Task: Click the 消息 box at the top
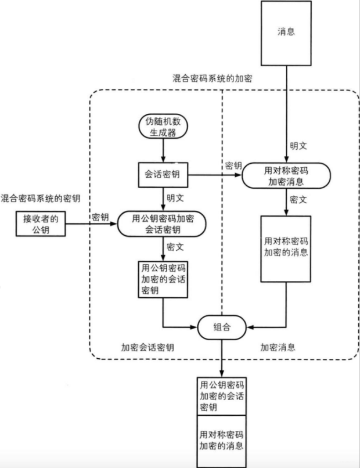(x=286, y=33)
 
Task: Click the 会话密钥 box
(x=163, y=174)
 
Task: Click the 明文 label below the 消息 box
(x=299, y=146)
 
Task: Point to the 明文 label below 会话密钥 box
(x=175, y=198)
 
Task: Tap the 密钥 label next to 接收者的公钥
(x=100, y=217)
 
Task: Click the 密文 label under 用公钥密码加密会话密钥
(x=175, y=247)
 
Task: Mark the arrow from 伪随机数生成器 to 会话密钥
(x=163, y=149)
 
